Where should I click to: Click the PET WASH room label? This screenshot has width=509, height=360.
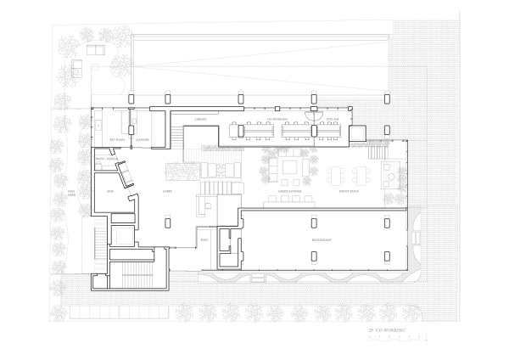[120, 139]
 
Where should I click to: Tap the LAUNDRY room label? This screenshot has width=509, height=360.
[143, 139]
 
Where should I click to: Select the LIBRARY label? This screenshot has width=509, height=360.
[202, 120]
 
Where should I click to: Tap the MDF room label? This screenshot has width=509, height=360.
[110, 192]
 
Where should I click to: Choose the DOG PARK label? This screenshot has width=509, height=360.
[72, 195]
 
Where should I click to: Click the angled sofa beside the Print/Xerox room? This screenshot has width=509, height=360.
[126, 174]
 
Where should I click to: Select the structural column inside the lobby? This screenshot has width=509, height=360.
[165, 222]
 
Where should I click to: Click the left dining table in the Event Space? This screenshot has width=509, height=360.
[337, 174]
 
